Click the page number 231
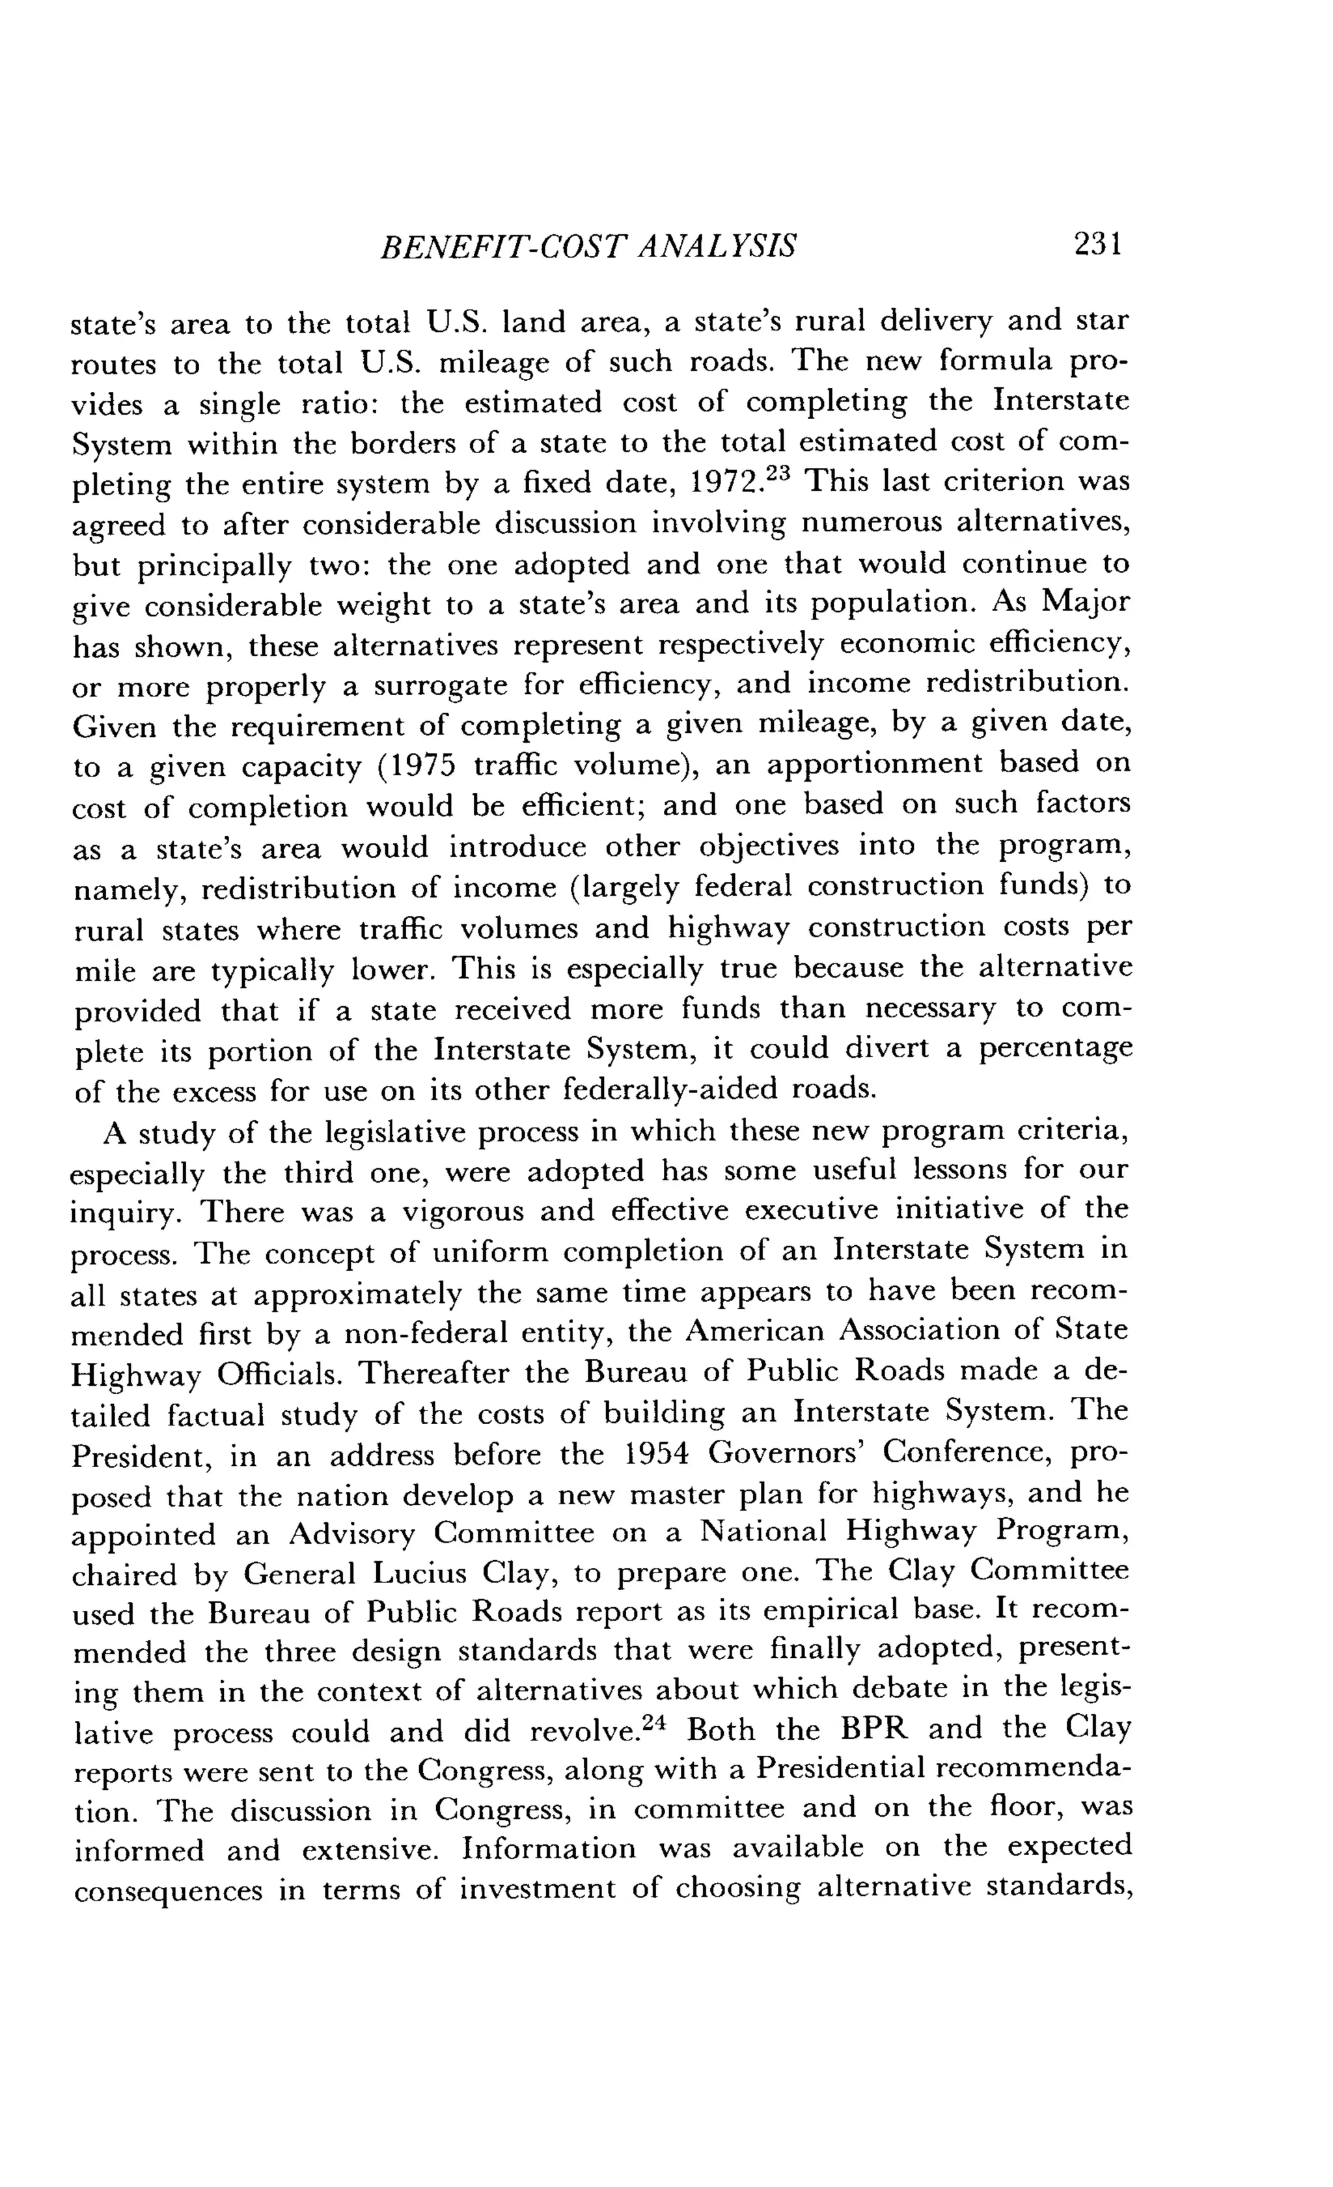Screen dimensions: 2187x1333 tap(1098, 243)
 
